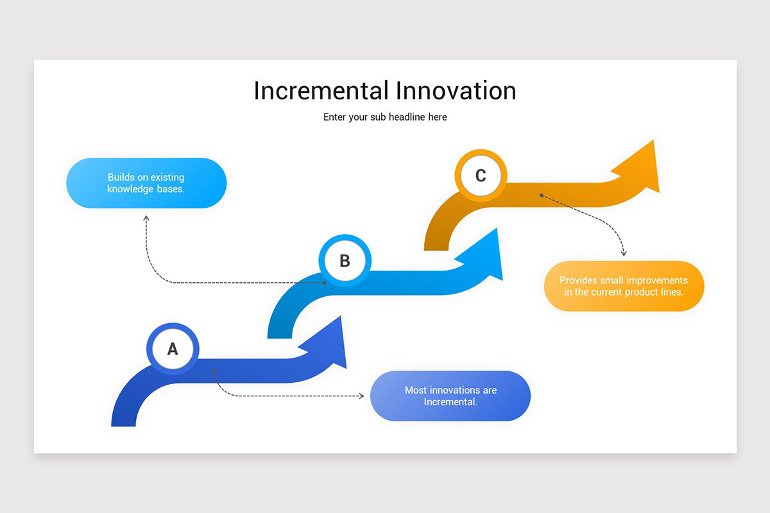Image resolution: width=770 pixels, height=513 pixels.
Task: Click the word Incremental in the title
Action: click(321, 90)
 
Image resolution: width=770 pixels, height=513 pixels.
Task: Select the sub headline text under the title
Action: click(385, 117)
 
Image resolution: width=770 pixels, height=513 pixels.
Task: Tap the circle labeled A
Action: click(173, 349)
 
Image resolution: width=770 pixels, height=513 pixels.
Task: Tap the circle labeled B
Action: click(345, 261)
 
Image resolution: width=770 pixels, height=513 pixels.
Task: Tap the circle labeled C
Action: click(481, 176)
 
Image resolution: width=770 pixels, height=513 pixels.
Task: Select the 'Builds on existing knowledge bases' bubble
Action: click(146, 183)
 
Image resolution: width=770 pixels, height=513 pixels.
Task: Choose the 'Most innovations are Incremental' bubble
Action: click(450, 396)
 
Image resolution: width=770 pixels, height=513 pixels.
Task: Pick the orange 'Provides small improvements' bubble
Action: click(624, 286)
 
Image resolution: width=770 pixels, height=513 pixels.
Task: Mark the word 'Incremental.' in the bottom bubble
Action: click(450, 402)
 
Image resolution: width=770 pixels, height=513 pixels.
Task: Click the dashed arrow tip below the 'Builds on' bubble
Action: click(146, 219)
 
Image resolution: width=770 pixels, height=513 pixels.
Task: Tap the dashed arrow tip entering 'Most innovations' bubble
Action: click(361, 396)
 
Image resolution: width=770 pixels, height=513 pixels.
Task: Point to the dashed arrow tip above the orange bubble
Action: click(623, 254)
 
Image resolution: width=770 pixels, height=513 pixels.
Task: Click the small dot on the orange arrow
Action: click(542, 195)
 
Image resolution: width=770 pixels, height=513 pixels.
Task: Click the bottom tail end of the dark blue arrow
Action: click(124, 423)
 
